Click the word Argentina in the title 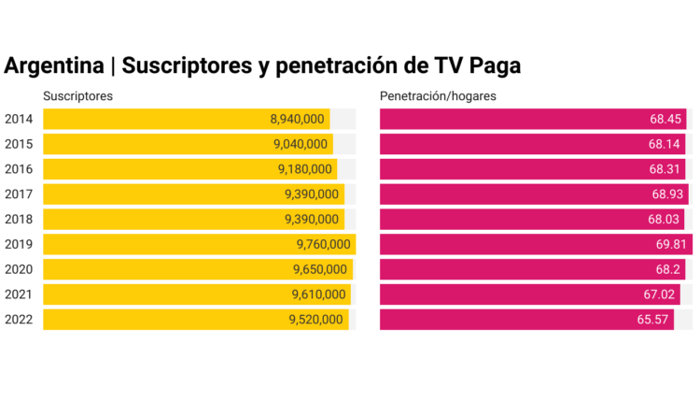tap(54, 65)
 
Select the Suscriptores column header tap(78, 96)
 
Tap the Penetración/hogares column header tap(438, 96)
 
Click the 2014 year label tap(19, 119)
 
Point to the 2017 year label tap(19, 194)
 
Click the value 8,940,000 tap(297, 119)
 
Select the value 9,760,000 tap(323, 244)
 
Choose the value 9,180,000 tap(304, 169)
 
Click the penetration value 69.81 tap(670, 244)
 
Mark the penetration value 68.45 tap(666, 119)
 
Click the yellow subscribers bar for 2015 tap(159, 144)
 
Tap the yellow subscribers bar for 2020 tap(159, 269)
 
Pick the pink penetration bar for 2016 tap(504, 169)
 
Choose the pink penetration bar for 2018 tap(504, 219)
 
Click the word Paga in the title tap(493, 65)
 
